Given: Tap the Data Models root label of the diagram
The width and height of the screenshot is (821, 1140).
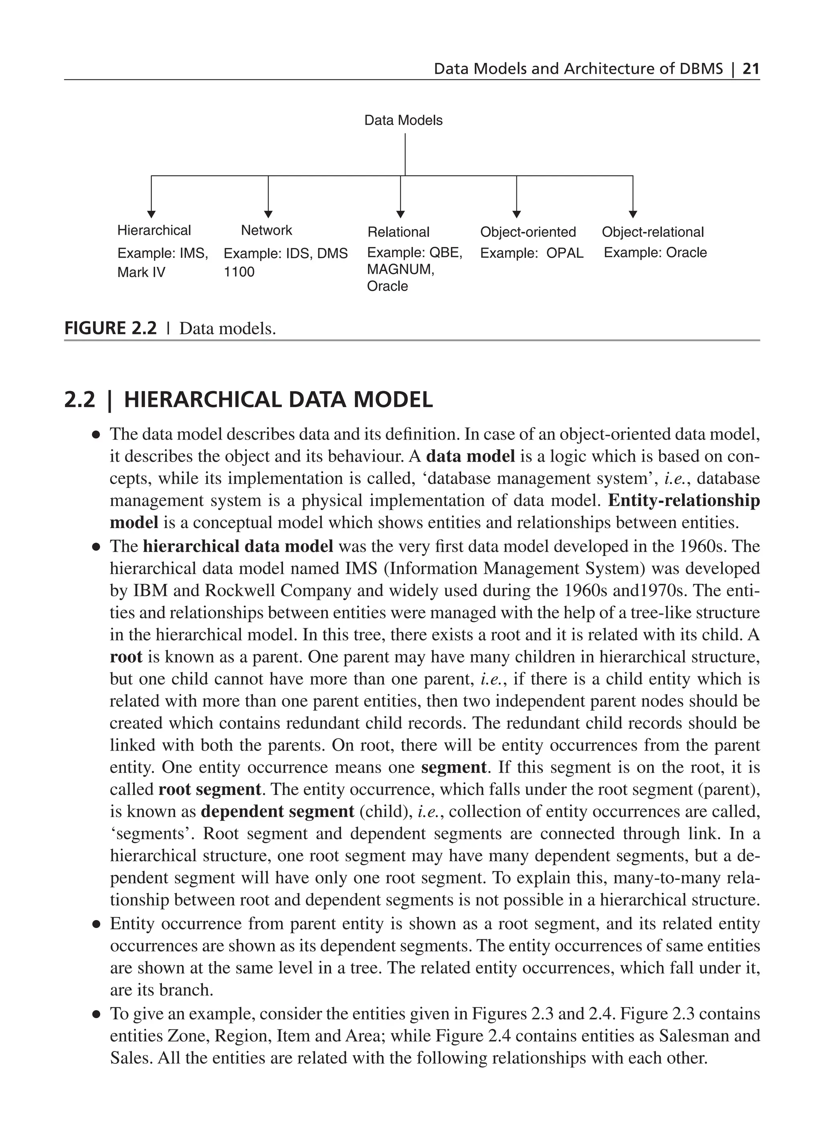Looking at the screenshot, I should [403, 121].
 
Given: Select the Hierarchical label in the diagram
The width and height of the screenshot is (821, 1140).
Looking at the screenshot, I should [154, 231].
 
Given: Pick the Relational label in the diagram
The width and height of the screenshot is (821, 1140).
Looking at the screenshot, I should [398, 232].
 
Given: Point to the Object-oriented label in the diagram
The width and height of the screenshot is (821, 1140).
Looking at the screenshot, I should [528, 232].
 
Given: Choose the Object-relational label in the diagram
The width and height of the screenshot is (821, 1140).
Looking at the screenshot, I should [653, 232].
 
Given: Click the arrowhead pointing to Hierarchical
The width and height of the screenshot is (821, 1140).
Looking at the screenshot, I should [151, 215].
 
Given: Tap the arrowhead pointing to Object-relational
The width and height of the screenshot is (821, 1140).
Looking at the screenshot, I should [633, 215].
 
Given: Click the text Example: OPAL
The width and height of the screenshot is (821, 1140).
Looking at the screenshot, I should [532, 253].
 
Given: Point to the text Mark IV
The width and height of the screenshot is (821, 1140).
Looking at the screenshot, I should [141, 272].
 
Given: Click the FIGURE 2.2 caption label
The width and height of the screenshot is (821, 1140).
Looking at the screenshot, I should [111, 329].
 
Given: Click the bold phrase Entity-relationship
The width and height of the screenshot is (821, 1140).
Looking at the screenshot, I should [684, 500].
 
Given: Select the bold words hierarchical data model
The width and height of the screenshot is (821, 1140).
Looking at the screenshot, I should [238, 547].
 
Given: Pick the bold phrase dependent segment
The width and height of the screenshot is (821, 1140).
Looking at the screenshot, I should [277, 812].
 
